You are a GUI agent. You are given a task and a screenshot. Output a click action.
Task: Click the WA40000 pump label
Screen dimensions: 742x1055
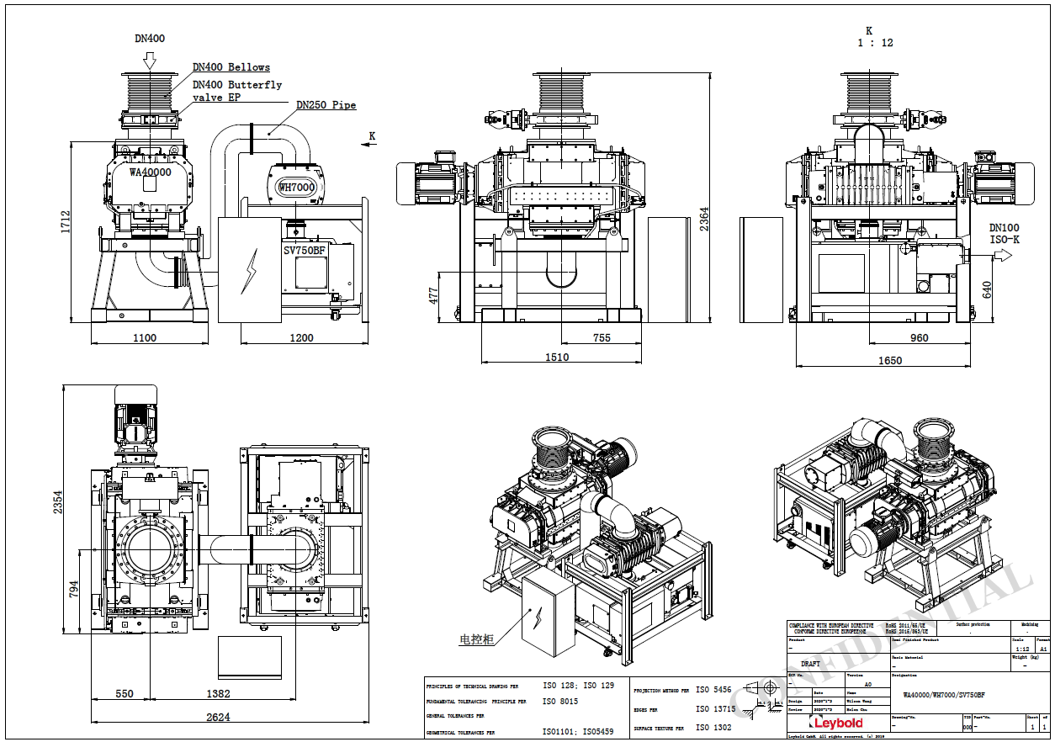point(150,172)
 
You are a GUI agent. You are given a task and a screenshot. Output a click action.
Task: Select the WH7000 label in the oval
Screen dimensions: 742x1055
point(296,187)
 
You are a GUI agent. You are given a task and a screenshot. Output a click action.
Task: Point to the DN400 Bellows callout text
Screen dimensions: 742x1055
point(231,67)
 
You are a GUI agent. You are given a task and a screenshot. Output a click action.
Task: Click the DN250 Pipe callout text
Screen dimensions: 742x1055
point(326,105)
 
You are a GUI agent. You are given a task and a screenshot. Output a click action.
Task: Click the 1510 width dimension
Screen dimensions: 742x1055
point(556,357)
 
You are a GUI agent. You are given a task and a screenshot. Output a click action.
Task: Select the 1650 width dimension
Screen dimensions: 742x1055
point(889,360)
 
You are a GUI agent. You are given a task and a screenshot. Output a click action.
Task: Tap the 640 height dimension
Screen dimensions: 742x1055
point(987,289)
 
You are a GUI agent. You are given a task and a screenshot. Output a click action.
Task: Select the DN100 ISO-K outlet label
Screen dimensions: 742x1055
point(1004,233)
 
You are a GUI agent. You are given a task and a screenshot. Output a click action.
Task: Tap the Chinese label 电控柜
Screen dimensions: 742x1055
point(476,639)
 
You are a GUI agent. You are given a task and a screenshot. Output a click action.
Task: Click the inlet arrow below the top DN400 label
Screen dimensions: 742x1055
point(150,60)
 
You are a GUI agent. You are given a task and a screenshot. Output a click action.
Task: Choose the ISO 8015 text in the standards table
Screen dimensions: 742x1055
point(560,701)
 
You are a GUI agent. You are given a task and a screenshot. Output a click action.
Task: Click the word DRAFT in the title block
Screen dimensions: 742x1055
point(810,664)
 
